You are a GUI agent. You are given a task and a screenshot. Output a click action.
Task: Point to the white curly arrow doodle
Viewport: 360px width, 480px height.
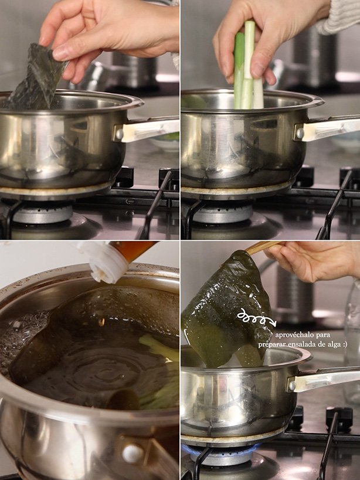click(x=257, y=318)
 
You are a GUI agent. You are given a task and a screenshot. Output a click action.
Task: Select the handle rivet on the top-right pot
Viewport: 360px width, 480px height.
click(x=300, y=133)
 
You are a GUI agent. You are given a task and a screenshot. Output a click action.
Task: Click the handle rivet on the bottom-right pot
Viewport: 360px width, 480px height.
click(x=292, y=386)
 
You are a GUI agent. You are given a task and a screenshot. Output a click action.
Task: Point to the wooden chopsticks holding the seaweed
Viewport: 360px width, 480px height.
click(x=264, y=247)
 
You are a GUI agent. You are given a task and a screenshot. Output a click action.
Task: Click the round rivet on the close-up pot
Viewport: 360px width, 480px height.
click(x=133, y=454)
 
